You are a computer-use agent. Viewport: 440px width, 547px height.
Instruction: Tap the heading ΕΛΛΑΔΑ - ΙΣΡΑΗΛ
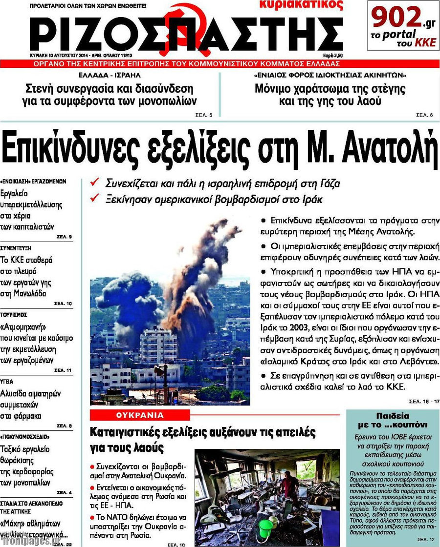pos(109,76)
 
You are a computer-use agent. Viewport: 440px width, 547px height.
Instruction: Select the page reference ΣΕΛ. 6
pos(424,115)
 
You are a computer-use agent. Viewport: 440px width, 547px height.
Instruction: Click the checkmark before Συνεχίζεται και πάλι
pos(96,184)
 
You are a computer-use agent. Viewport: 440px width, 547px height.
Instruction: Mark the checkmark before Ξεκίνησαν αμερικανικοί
pos(96,199)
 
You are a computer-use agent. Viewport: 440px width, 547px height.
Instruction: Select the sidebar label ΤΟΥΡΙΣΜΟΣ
pos(14,315)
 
